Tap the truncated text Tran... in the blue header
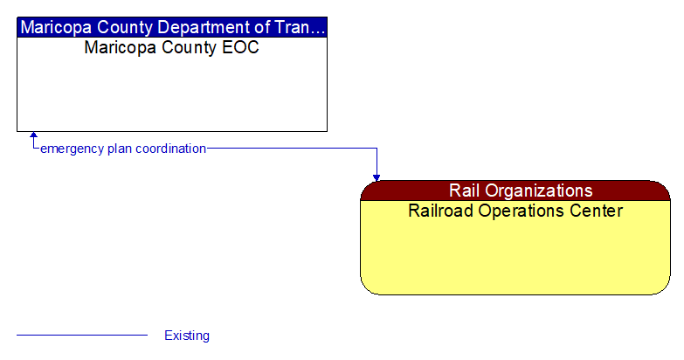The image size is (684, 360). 300,27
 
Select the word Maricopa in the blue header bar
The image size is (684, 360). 54,27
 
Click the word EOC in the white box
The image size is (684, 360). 242,47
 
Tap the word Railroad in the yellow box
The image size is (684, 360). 442,211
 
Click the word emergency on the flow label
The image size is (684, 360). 72,149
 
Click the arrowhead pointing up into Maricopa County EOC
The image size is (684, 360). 34,136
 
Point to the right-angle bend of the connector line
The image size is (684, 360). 377,149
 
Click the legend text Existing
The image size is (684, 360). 187,336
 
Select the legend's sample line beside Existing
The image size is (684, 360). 82,335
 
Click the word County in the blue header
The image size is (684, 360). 123,27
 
